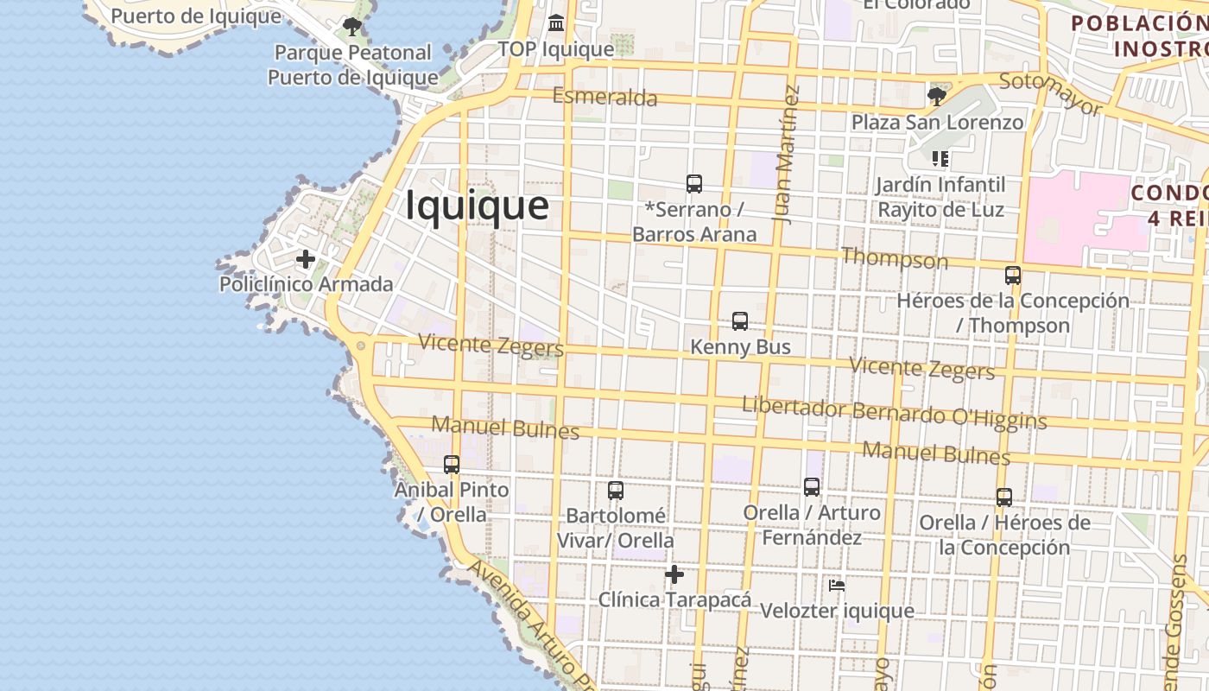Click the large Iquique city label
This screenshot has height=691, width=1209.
click(x=477, y=206)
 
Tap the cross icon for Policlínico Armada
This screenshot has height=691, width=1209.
click(x=305, y=259)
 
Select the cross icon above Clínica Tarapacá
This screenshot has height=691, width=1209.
click(x=674, y=574)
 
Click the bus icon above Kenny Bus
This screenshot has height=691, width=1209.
click(x=740, y=321)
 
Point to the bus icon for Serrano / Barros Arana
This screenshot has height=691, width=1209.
click(x=694, y=184)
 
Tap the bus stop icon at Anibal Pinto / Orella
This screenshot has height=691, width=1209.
click(x=452, y=465)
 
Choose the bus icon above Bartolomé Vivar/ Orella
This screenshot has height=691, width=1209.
click(x=616, y=491)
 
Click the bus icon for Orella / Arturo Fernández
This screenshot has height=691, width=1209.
click(x=812, y=487)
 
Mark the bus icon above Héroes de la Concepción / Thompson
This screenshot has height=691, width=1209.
click(x=1013, y=276)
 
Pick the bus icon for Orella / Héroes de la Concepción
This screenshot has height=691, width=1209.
click(x=1004, y=498)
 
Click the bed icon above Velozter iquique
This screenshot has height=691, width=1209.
click(x=836, y=586)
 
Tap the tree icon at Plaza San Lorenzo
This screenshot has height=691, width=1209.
click(x=936, y=96)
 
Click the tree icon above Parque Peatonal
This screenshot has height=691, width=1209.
click(x=351, y=27)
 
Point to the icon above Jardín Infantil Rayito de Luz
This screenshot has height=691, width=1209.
click(x=940, y=159)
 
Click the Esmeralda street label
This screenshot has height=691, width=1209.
click(x=604, y=97)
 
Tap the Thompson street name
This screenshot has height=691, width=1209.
click(x=894, y=257)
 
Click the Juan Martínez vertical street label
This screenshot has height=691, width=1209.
click(x=787, y=155)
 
